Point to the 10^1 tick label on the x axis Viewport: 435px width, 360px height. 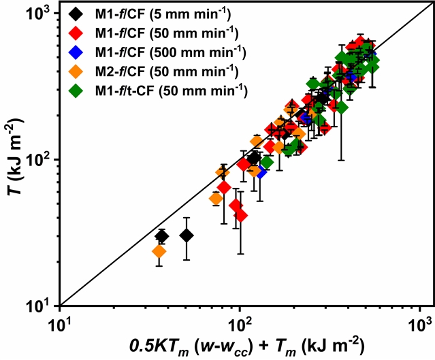click(x=60, y=322)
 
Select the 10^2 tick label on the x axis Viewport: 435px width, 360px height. click(x=240, y=322)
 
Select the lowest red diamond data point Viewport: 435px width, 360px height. click(x=240, y=216)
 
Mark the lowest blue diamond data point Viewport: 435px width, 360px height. click(x=261, y=171)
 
